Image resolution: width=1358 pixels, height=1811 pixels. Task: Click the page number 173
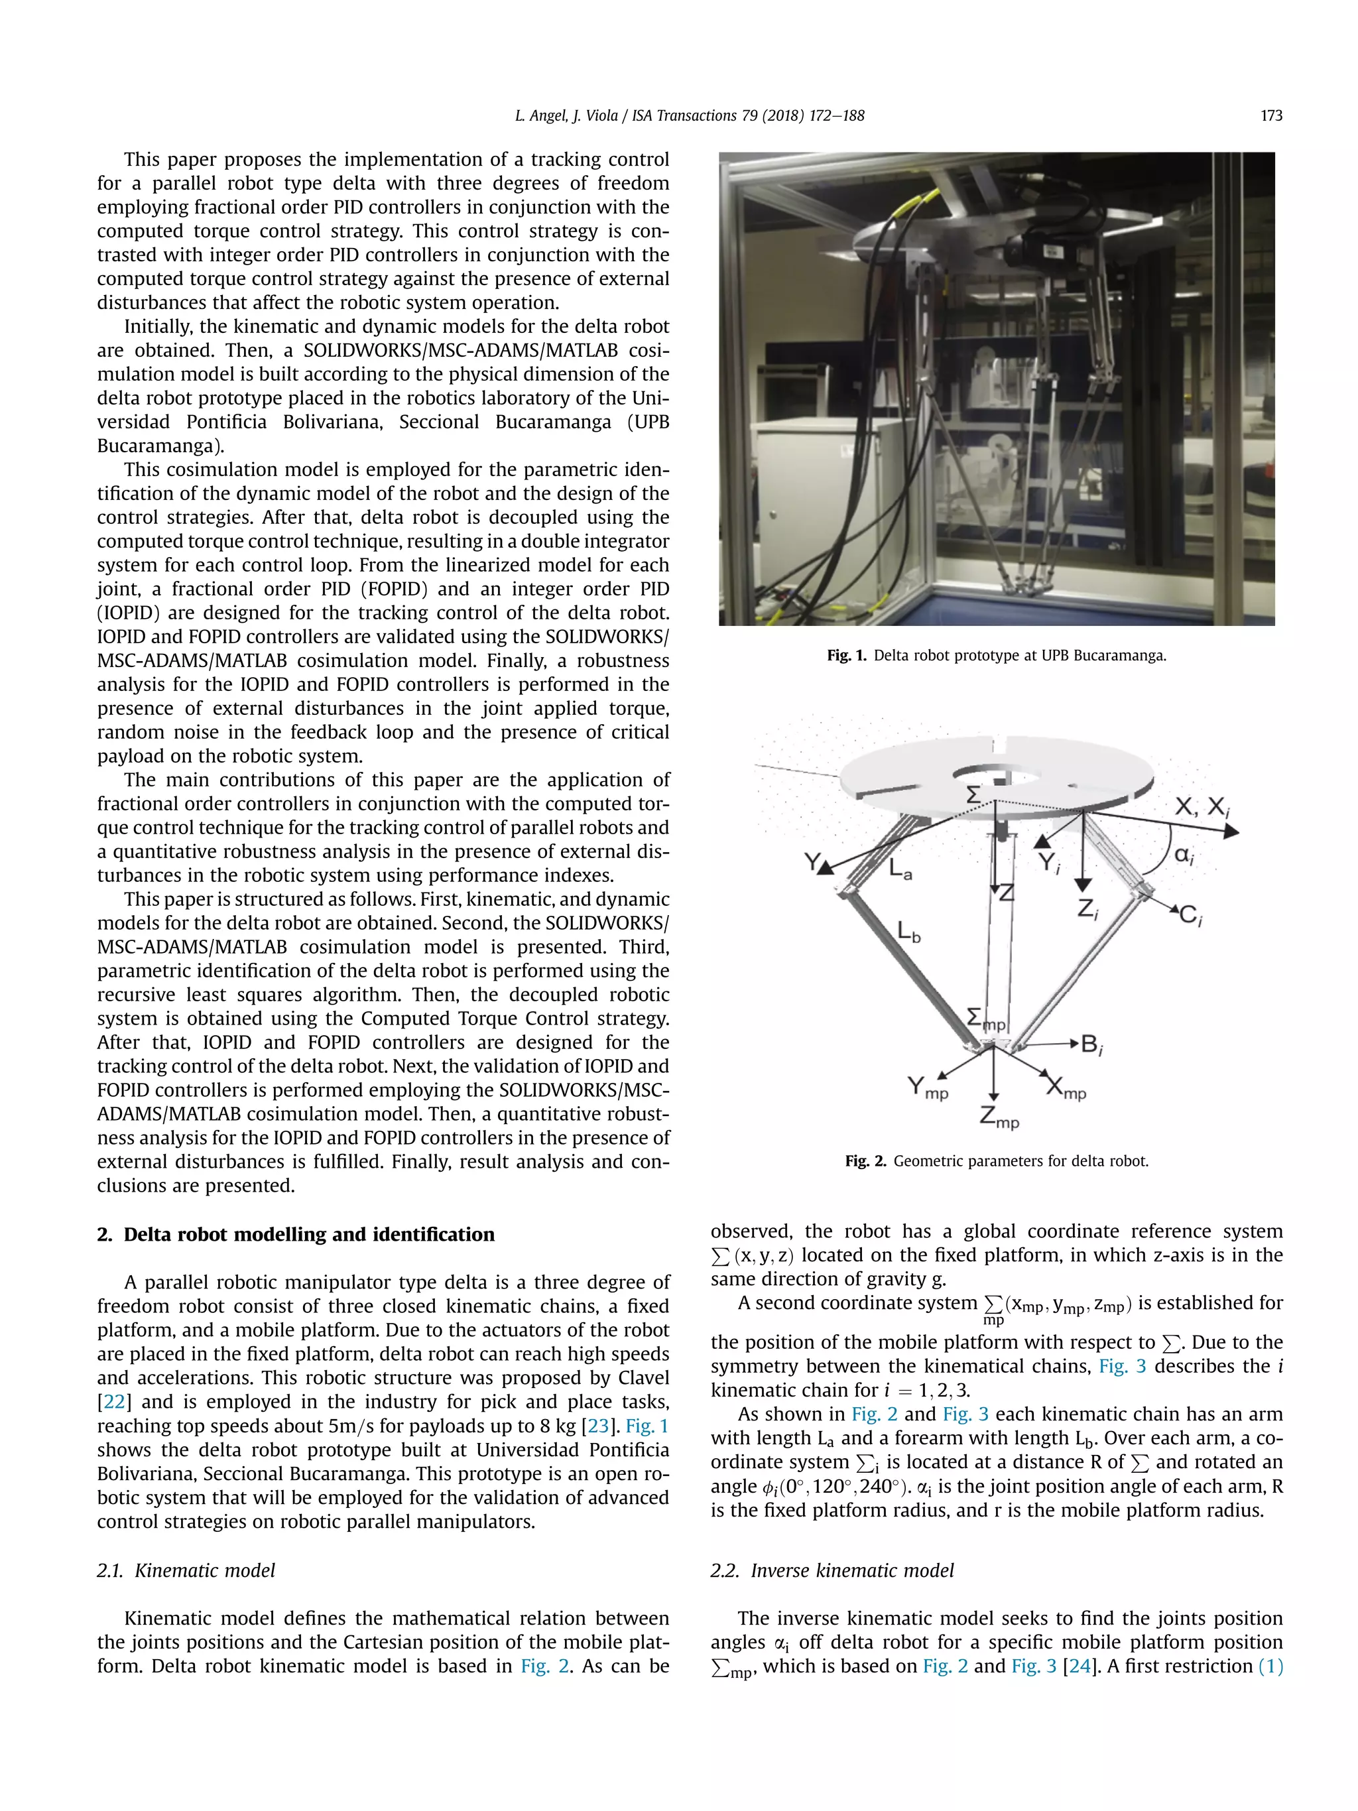(x=1270, y=115)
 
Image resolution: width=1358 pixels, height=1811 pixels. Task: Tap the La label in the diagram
(x=900, y=869)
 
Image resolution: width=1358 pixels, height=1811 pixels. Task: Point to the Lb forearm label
(x=908, y=932)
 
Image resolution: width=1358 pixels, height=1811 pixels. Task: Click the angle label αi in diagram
(x=1184, y=855)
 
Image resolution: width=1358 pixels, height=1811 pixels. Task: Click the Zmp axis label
(x=999, y=1117)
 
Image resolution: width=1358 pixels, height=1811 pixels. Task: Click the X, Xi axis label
(x=1202, y=807)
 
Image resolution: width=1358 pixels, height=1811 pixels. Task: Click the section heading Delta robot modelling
(x=308, y=1234)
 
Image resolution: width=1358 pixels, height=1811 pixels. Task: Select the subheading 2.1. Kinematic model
(x=186, y=1570)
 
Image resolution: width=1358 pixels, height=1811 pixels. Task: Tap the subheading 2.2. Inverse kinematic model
(x=832, y=1570)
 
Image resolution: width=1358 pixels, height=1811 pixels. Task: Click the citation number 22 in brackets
(x=114, y=1402)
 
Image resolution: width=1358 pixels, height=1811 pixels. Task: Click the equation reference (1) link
(x=1270, y=1666)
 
